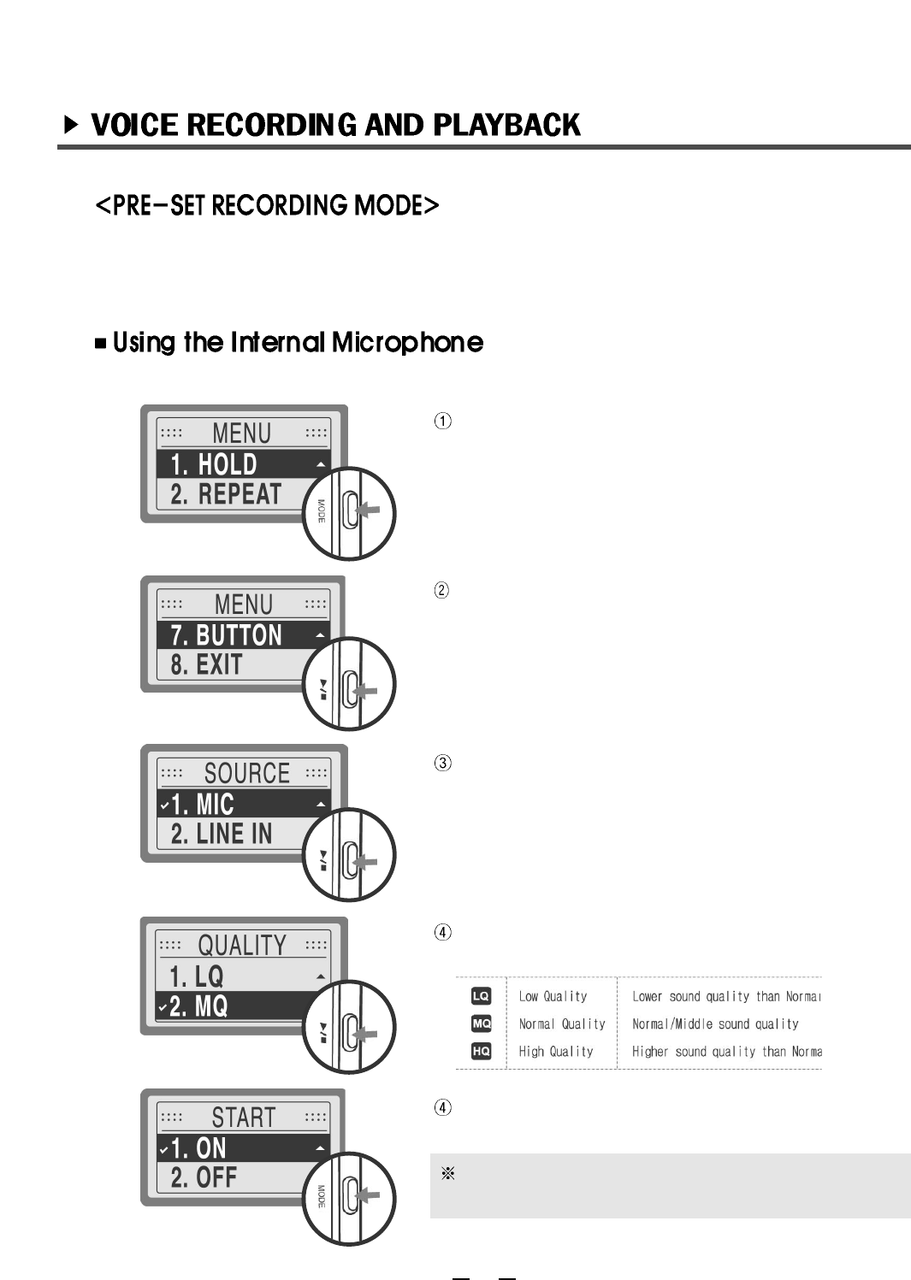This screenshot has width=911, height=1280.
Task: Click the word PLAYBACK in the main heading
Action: [x=506, y=126]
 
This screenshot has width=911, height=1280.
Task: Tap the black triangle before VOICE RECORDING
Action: [x=72, y=126]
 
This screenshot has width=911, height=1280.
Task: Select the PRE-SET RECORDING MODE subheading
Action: [x=267, y=206]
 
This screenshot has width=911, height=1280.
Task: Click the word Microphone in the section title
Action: [x=407, y=343]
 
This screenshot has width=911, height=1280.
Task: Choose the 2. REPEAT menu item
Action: [x=226, y=494]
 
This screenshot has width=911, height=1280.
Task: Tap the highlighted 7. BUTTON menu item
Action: [x=226, y=635]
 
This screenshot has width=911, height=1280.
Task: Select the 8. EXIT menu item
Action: [x=206, y=664]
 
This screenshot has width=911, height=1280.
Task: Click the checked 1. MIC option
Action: [x=202, y=805]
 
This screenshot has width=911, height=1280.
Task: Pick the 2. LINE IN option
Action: [x=221, y=834]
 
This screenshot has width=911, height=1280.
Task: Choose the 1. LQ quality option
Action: [x=196, y=976]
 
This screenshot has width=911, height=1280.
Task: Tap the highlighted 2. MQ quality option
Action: [x=198, y=1006]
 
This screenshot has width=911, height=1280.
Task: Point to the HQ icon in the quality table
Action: [x=482, y=1052]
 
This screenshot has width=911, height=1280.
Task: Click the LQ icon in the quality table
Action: [x=482, y=996]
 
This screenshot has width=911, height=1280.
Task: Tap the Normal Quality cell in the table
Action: [x=562, y=1024]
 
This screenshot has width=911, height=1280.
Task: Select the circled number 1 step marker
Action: [x=443, y=421]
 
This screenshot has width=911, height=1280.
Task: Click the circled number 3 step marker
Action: [x=443, y=763]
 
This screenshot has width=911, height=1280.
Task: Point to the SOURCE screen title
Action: [x=246, y=774]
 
